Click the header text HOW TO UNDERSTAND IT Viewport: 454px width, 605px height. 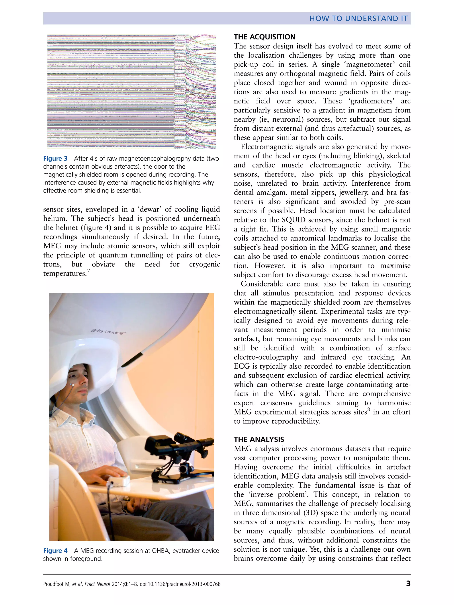[x=358, y=18]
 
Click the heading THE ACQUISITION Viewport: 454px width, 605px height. [x=264, y=37]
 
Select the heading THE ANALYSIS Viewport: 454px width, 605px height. [x=259, y=439]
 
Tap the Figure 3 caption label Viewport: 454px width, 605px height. [x=55, y=159]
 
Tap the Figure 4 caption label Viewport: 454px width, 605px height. [x=55, y=551]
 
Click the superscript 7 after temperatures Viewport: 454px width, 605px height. [x=88, y=271]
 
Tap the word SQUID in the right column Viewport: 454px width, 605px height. [x=293, y=220]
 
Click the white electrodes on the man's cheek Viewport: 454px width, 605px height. [x=73, y=385]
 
